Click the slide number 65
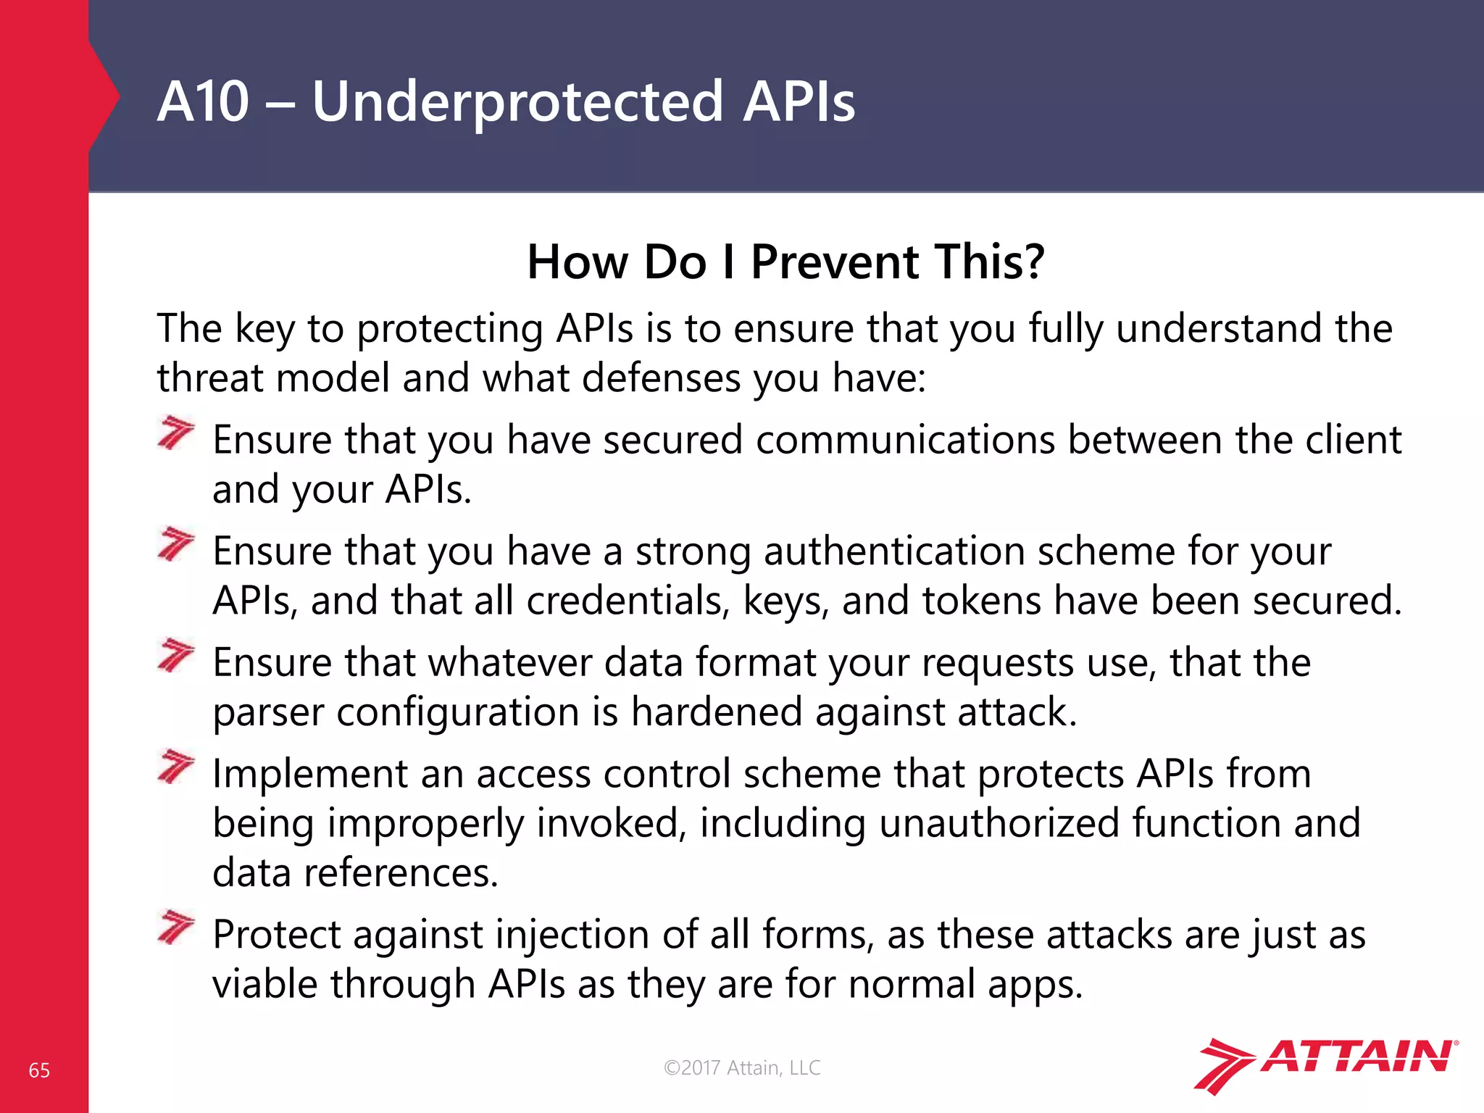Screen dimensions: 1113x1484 39,1070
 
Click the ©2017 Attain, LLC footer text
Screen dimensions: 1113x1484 742,1067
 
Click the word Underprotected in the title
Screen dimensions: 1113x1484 517,103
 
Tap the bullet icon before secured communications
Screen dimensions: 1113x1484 176,433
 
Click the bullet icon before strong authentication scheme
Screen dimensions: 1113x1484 176,544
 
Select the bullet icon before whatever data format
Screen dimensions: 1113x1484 176,655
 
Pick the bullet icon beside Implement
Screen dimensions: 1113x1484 176,767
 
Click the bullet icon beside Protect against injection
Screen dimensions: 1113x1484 176,927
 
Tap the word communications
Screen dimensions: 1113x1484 905,440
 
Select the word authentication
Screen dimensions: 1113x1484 893,551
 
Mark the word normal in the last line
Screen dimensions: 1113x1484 911,985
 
